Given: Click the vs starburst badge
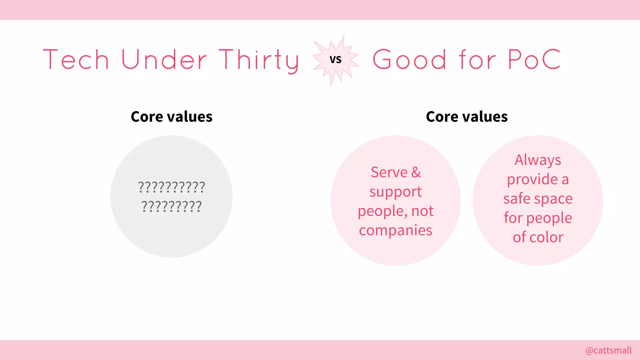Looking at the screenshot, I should click(x=336, y=60).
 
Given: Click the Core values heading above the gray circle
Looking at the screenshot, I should click(x=172, y=117).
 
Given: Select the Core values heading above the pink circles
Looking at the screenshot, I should click(x=467, y=117).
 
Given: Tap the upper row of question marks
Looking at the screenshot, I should click(x=172, y=187).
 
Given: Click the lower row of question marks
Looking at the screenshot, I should click(x=172, y=207).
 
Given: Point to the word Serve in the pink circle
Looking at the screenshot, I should click(x=389, y=172).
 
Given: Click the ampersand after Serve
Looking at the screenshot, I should click(x=416, y=172).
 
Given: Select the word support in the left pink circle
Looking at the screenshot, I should click(x=396, y=192).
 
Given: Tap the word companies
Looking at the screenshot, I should click(x=396, y=230).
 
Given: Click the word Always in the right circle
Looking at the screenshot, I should click(x=538, y=160).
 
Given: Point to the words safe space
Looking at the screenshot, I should click(x=538, y=199).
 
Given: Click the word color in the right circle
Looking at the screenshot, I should click(x=546, y=237).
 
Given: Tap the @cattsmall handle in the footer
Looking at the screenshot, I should click(x=608, y=350).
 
